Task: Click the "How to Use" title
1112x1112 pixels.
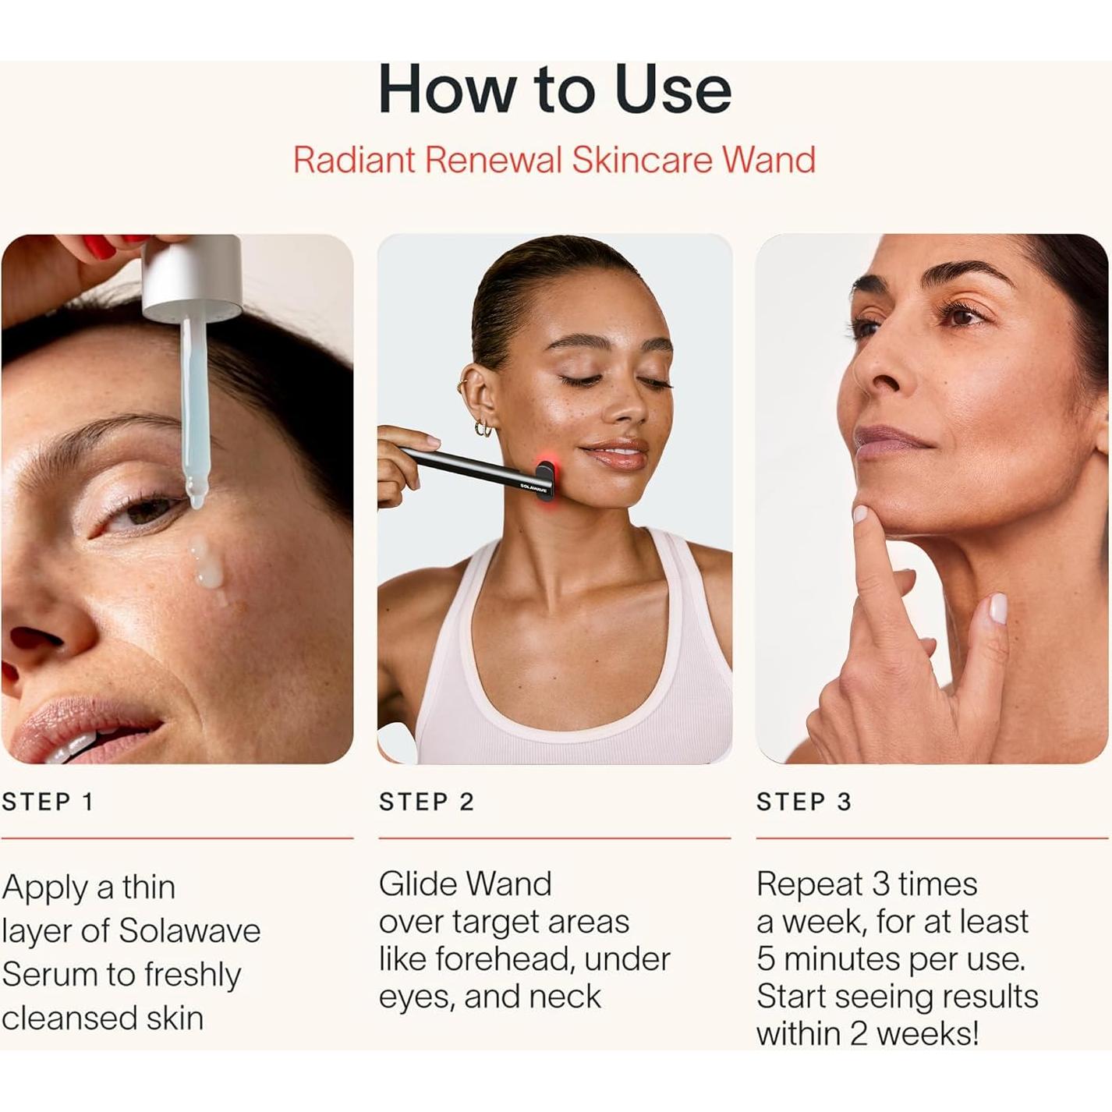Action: [x=554, y=90]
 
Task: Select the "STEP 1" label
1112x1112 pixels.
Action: [x=48, y=802]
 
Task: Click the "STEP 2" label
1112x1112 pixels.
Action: [x=427, y=802]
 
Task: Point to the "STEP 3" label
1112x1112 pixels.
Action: [x=804, y=802]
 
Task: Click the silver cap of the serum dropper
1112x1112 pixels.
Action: [x=193, y=278]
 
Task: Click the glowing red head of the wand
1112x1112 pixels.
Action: [x=545, y=480]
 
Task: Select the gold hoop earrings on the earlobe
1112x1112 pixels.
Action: [x=483, y=427]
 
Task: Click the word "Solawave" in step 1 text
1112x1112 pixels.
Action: [x=189, y=931]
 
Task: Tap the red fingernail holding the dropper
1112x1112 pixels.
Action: [x=100, y=246]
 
